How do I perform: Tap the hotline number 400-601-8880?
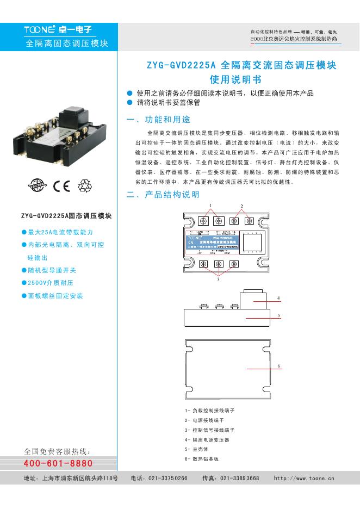pyautogui.click(x=58, y=463)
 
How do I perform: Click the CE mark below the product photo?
pyautogui.click(x=62, y=187)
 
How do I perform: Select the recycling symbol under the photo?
pyautogui.click(x=86, y=187)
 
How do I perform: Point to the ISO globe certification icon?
pyautogui.click(x=39, y=187)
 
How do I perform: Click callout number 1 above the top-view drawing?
pyautogui.click(x=210, y=205)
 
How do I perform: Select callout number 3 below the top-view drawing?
pyautogui.click(x=218, y=281)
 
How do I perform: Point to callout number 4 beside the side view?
pyautogui.click(x=278, y=299)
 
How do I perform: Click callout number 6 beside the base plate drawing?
pyautogui.click(x=278, y=366)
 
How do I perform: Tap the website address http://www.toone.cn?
pyautogui.click(x=304, y=478)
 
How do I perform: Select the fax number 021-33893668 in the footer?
pyautogui.click(x=239, y=478)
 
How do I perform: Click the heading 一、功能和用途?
pyautogui.click(x=158, y=120)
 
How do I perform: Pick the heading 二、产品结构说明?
pyautogui.click(x=163, y=194)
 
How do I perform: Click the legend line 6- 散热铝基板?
pyautogui.click(x=202, y=459)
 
